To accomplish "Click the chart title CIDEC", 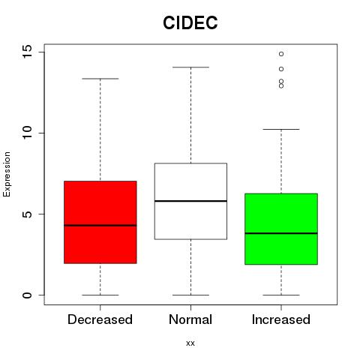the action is tap(190, 22).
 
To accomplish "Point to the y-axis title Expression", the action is tap(7, 174).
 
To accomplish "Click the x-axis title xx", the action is tap(190, 343).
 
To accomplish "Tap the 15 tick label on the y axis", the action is tap(27, 52).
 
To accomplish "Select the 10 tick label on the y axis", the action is tap(27, 133).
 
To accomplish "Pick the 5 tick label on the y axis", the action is tap(27, 214).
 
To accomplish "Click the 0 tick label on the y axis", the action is tap(27, 295).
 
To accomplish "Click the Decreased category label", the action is tap(100, 319).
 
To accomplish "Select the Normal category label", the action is tap(190, 319).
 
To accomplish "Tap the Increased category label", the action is tap(281, 319).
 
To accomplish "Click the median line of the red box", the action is tap(100, 226).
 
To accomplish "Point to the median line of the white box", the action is tap(190, 201).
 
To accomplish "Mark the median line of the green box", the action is tap(281, 233).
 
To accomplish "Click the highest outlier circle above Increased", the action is tap(281, 54).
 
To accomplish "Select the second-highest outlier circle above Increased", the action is tap(281, 69).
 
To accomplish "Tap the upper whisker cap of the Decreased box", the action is tap(100, 79).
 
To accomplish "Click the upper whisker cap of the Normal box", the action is tap(190, 67).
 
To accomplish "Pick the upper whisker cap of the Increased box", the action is tap(281, 129).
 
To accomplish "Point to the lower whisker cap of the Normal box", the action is tap(190, 295).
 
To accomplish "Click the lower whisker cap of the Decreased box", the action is tap(100, 295).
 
